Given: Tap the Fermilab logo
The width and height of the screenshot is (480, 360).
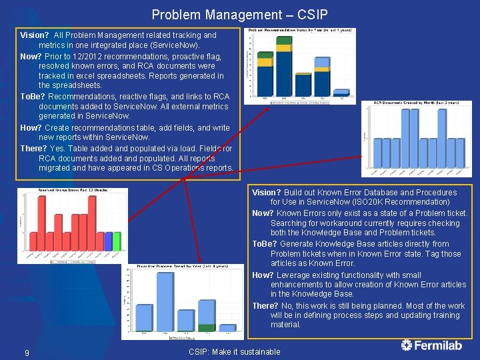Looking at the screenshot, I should click(433, 345).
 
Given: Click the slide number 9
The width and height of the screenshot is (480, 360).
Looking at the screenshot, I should click(27, 352).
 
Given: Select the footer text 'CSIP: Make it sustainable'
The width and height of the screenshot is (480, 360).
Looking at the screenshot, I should click(235, 352).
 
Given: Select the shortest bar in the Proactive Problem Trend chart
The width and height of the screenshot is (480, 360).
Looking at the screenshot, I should click(228, 328).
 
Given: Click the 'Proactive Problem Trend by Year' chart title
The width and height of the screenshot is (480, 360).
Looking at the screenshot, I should click(183, 266).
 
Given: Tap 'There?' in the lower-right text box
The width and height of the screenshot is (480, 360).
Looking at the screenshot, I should click(265, 306).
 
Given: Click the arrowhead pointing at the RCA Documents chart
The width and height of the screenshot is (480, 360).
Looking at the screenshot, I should click(363, 174).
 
